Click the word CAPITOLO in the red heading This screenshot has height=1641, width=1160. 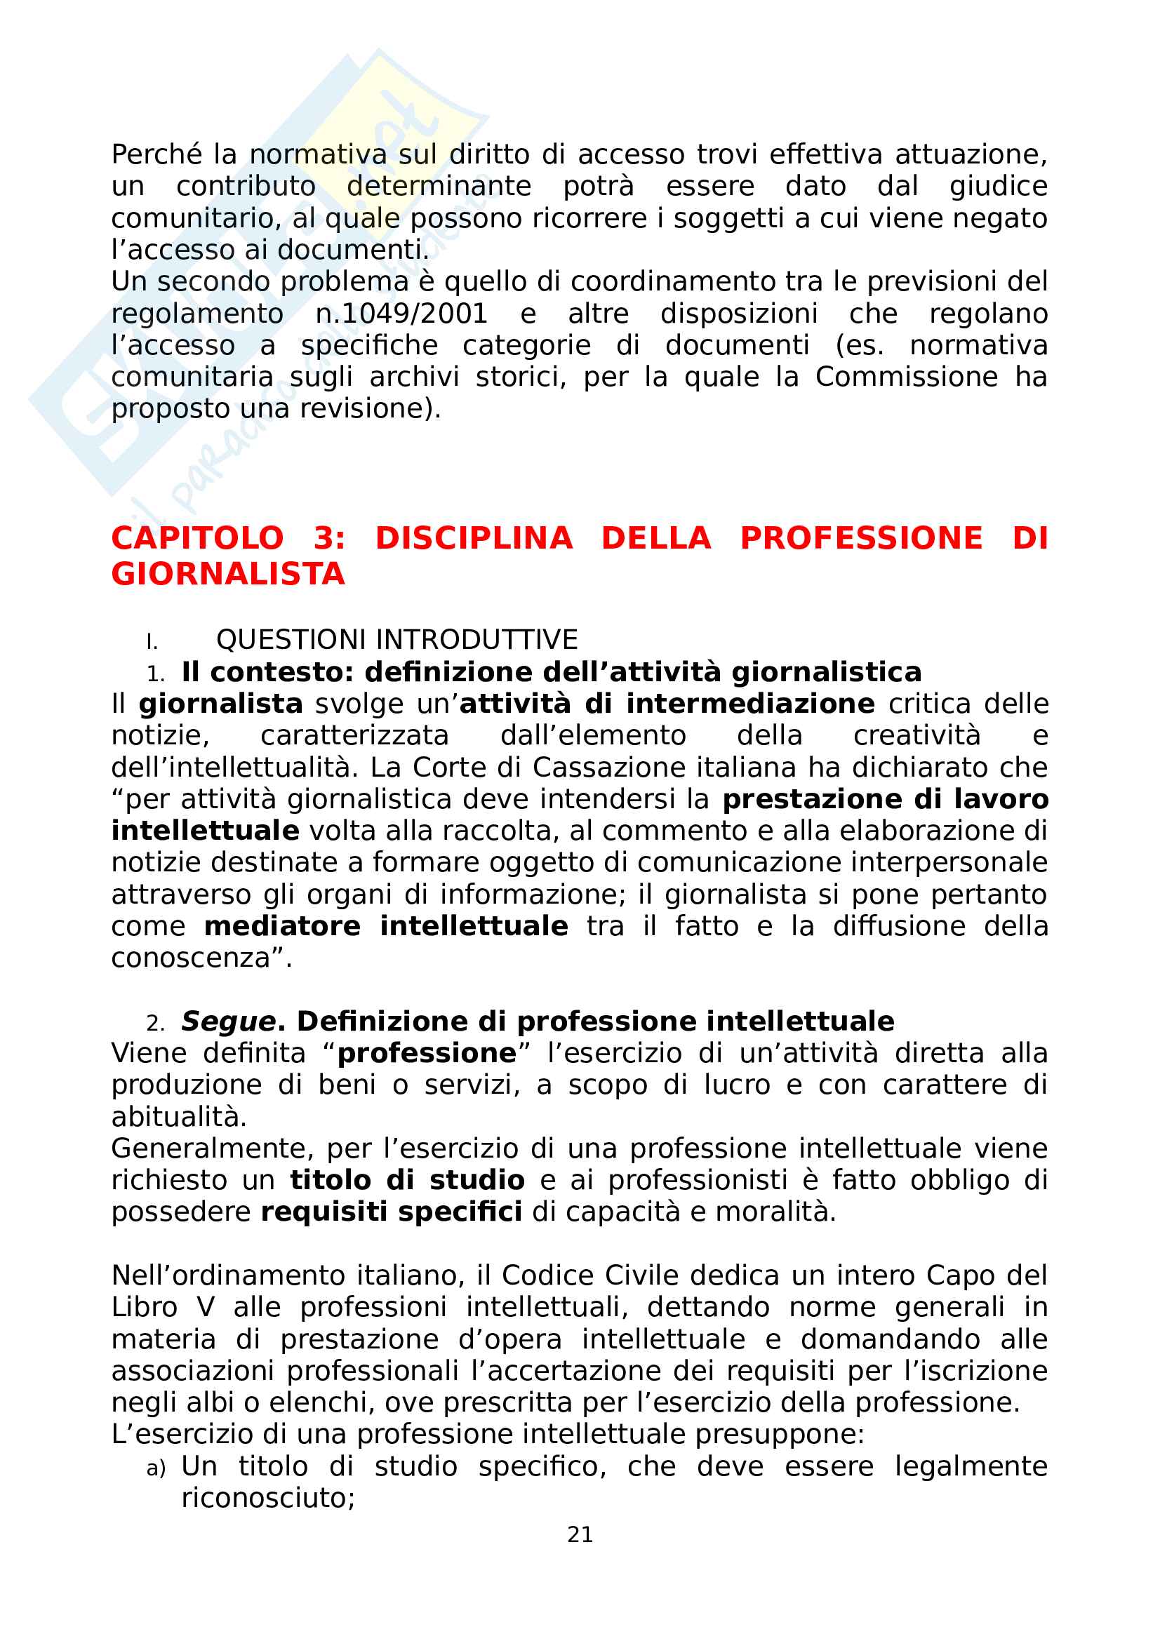pos(197,538)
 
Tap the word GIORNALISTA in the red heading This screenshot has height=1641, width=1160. pos(228,574)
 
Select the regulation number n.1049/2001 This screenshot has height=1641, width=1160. pos(401,314)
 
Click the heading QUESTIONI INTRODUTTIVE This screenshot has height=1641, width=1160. pos(396,639)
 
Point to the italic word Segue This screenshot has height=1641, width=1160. pos(228,1022)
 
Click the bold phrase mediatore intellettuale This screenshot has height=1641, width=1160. pos(386,926)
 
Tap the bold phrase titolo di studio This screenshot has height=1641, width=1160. pos(407,1180)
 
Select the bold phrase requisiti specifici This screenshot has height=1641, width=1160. pos(391,1212)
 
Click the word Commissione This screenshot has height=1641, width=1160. pos(906,377)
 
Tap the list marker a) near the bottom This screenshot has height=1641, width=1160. pos(155,1468)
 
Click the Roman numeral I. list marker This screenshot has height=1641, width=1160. pos(152,642)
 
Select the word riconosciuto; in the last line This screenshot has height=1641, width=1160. pos(268,1498)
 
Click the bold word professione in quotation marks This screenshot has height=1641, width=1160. pos(427,1054)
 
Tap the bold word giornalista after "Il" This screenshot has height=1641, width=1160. pos(220,704)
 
